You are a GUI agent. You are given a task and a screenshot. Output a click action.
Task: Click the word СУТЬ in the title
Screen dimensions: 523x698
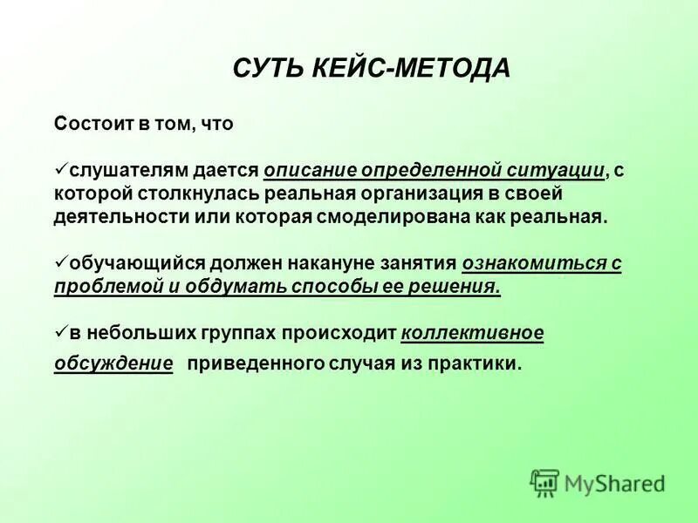point(266,69)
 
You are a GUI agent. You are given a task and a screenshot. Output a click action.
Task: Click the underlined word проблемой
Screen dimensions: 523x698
point(104,287)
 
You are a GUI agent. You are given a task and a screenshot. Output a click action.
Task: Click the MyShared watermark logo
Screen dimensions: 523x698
point(598,482)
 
